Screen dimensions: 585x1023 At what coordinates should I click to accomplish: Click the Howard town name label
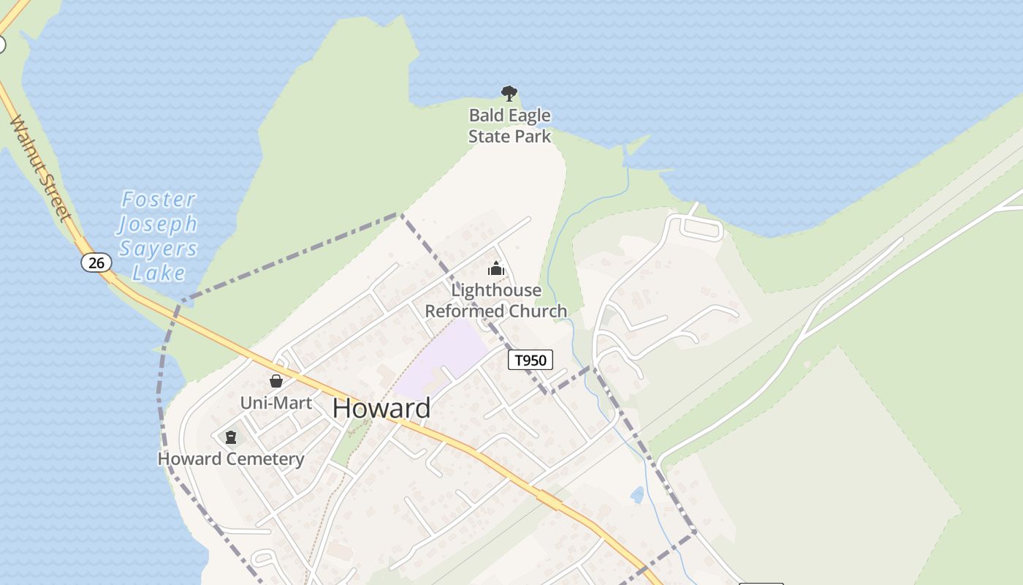(381, 408)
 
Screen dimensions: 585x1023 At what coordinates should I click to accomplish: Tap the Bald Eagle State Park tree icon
(509, 94)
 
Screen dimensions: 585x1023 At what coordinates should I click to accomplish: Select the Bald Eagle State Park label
(509, 126)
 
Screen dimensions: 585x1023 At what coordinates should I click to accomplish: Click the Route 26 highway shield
(96, 263)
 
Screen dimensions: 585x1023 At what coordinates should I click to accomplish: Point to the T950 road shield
(530, 360)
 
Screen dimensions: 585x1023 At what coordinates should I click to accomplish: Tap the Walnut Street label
(41, 168)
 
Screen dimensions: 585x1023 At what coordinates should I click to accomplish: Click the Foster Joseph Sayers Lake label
(159, 235)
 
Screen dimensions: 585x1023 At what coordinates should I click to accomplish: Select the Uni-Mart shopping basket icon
(276, 381)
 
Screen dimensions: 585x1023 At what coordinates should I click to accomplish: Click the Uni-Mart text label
(276, 403)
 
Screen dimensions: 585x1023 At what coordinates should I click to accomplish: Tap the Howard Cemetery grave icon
(231, 437)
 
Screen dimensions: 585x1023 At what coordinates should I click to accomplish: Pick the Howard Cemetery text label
(231, 459)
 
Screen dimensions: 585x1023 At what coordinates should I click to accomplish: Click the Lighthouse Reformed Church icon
(496, 268)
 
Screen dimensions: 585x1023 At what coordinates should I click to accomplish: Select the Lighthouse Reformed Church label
(496, 301)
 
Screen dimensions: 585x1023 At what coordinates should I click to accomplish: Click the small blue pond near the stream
(637, 495)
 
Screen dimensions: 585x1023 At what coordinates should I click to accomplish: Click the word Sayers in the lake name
(159, 249)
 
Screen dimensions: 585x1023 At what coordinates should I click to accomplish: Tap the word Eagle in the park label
(522, 116)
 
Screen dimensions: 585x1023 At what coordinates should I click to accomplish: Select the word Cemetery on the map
(265, 459)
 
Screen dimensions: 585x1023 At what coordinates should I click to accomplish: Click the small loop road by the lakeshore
(701, 228)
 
